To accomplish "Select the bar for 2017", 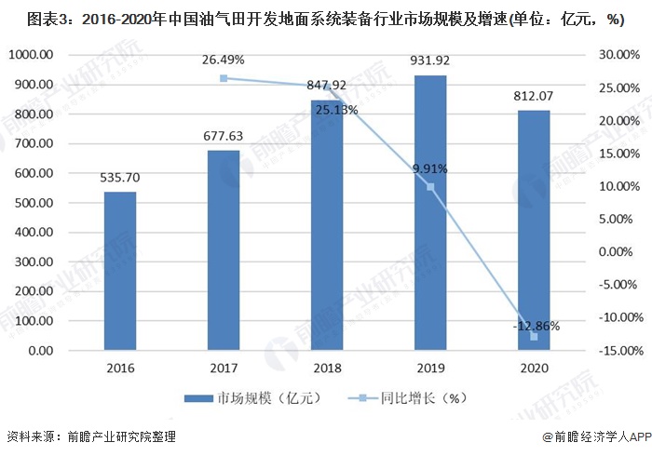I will click(x=224, y=250).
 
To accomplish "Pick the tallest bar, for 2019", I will click(x=430, y=213).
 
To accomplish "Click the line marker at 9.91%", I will click(x=430, y=187).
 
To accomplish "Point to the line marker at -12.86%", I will click(x=534, y=336).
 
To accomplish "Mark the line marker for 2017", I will click(x=224, y=78).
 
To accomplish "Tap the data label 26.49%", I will click(x=224, y=60).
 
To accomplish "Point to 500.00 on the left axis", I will click(x=31, y=203).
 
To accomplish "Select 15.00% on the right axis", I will click(x=616, y=154).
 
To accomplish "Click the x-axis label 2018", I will click(x=327, y=369).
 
